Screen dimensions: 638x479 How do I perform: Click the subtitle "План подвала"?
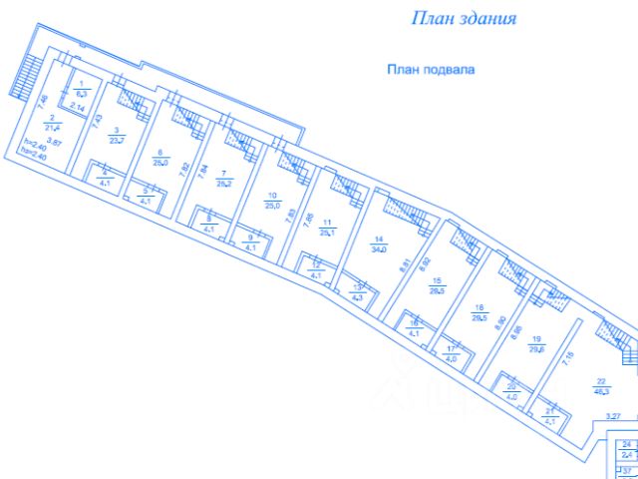pos(432,70)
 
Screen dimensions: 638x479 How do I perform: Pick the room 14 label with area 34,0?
pos(379,244)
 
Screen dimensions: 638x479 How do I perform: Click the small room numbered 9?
pos(251,242)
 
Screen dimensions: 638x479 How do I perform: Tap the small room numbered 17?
pos(451,351)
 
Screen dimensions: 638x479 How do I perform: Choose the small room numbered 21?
pos(549,416)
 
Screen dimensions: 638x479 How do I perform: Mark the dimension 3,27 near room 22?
pos(586,415)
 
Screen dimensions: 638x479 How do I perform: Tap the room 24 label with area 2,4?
pos(627,449)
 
